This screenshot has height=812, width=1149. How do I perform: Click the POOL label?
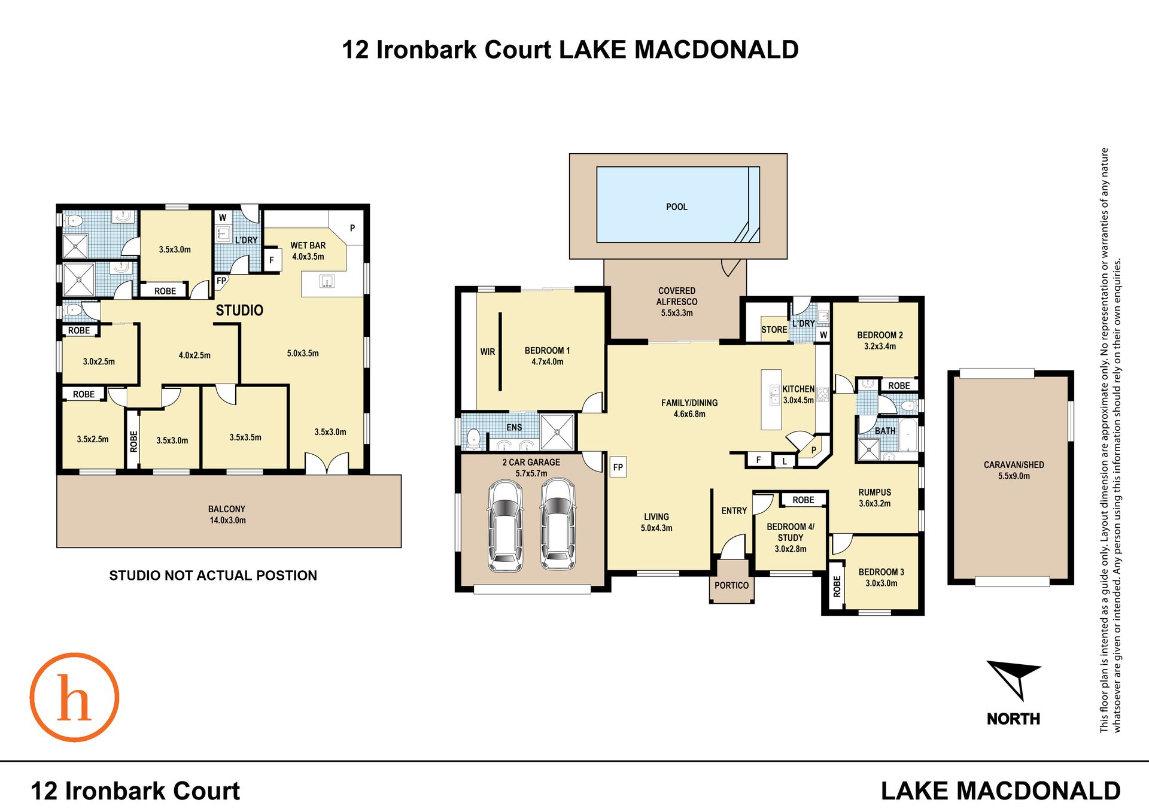[x=677, y=207]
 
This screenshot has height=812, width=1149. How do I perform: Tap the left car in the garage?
[x=505, y=525]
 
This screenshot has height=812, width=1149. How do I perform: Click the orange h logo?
[x=74, y=697]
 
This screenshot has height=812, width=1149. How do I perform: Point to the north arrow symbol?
[x=1014, y=679]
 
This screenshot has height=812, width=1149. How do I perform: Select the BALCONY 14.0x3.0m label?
[x=227, y=515]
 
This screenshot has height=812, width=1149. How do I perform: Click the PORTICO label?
[x=731, y=585]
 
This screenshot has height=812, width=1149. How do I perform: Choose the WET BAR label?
[x=308, y=245]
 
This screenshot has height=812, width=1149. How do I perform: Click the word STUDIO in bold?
[x=239, y=310]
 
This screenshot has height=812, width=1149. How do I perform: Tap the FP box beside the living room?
[x=618, y=467]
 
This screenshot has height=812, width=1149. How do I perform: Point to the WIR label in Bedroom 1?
[x=488, y=352]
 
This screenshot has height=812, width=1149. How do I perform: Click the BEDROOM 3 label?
[x=881, y=572]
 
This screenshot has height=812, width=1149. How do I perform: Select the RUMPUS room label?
[x=875, y=492]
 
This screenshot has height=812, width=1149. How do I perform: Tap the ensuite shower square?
[x=557, y=431]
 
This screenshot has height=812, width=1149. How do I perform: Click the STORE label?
[x=774, y=330]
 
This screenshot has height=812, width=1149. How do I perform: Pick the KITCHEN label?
[x=798, y=389]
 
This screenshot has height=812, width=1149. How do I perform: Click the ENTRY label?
[x=734, y=510]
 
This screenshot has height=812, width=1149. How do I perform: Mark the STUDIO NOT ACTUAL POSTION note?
[x=213, y=576]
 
